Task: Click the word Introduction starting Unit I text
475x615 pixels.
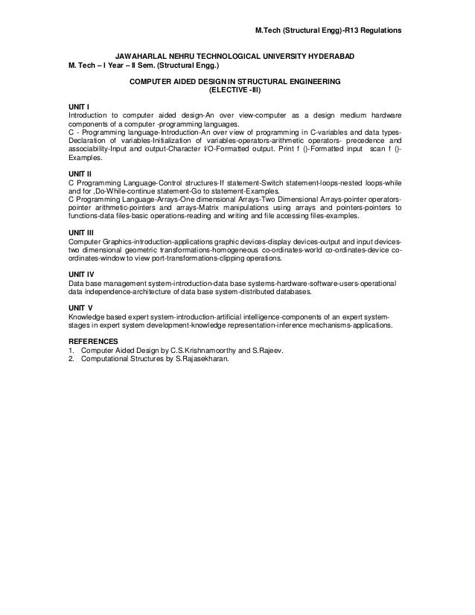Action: point(88,117)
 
